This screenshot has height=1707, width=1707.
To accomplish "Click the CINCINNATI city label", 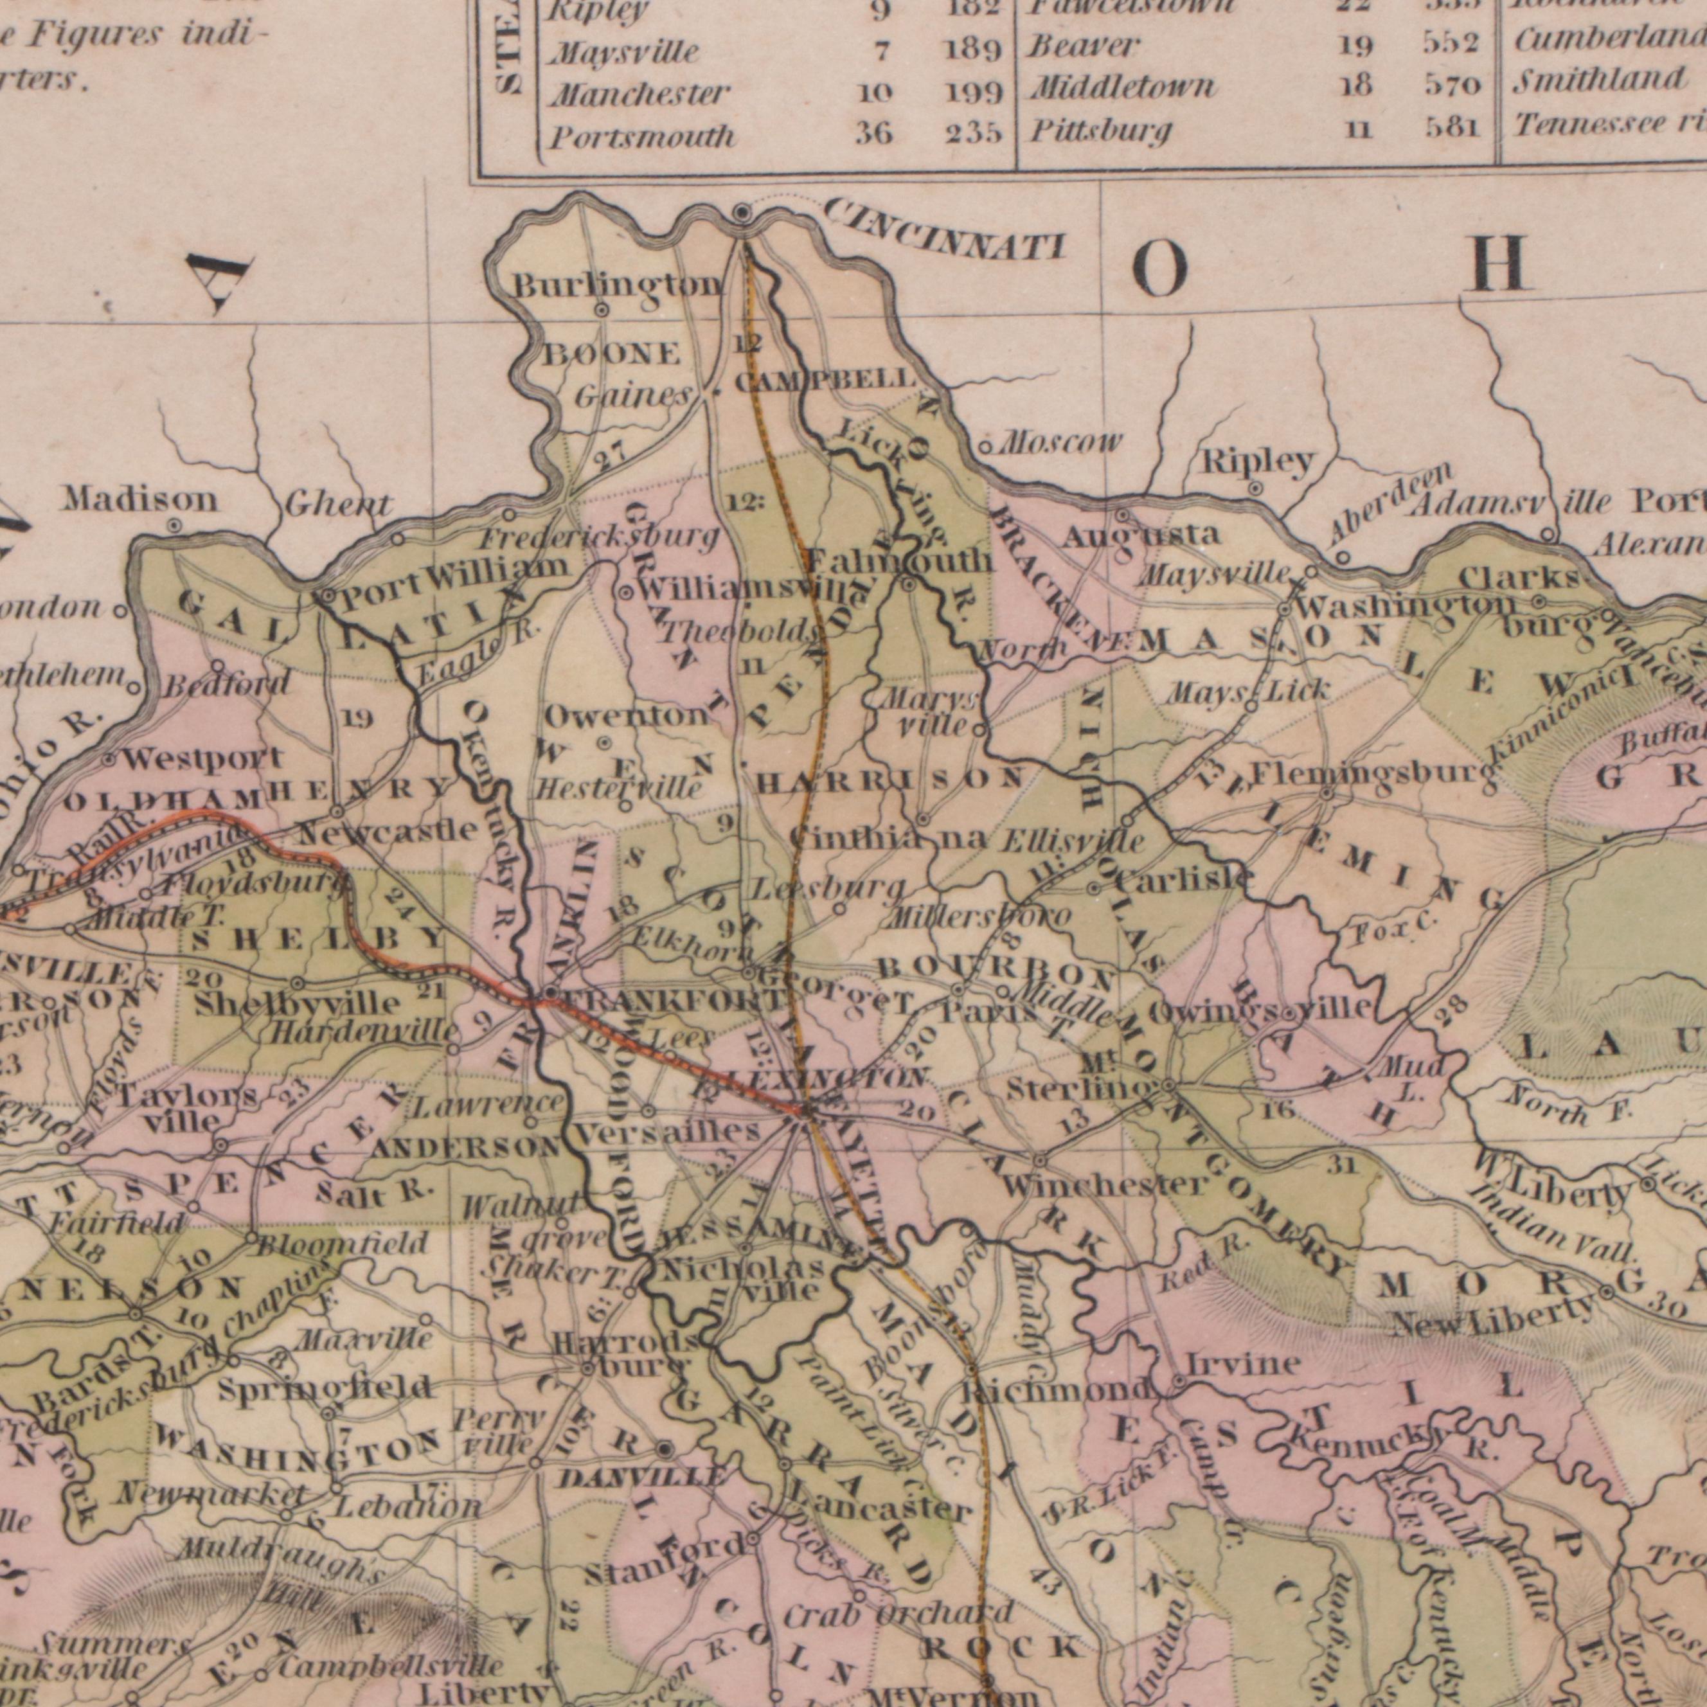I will pos(943,231).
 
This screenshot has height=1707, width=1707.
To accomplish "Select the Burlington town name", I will pos(618,285).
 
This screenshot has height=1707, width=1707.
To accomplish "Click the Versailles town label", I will pos(667,1132).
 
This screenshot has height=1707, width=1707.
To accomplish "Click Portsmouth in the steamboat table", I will pos(642,136).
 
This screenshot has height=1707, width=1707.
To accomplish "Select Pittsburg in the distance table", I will pos(1100,132).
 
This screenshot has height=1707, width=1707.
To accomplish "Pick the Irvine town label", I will pos(1242,1364).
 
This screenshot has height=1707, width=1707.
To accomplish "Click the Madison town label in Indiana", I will pos(139,500).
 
